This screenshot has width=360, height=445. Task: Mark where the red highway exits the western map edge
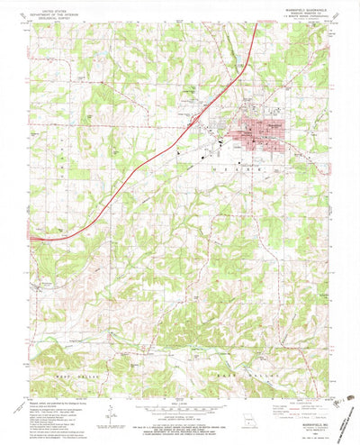tap(31, 238)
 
